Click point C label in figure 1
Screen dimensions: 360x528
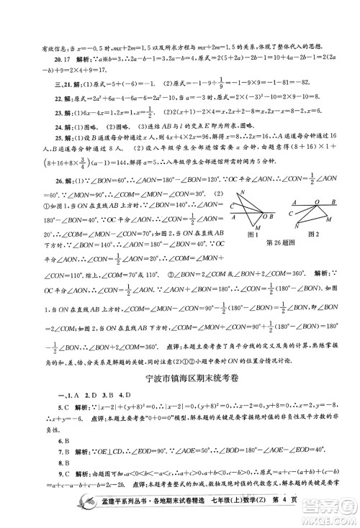pos(232,206)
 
